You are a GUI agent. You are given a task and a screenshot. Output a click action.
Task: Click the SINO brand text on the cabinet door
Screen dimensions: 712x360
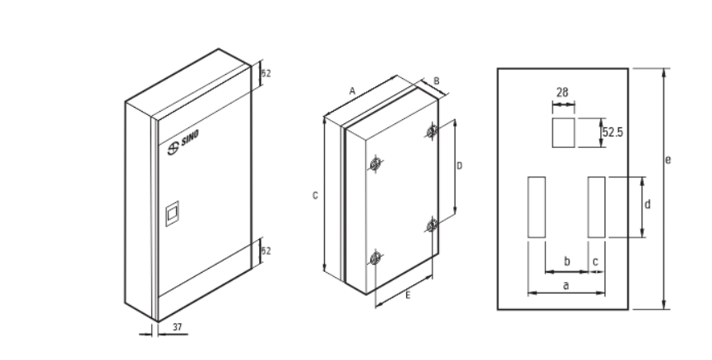click(x=190, y=138)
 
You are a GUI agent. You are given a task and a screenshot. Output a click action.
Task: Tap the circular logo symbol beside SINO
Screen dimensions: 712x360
click(x=173, y=149)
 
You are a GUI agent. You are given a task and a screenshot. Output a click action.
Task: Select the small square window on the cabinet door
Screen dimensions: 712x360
click(x=172, y=214)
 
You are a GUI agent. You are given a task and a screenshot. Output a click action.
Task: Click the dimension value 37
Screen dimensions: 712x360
click(x=178, y=327)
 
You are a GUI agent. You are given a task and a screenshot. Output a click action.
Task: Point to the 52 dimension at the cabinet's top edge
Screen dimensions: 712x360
click(x=266, y=73)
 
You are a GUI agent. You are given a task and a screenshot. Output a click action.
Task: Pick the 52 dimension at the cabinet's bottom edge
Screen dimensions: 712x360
click(x=266, y=251)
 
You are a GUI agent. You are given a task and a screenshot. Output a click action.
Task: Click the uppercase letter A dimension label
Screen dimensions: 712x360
click(x=352, y=91)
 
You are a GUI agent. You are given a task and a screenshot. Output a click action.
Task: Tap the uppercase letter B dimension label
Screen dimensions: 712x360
click(x=437, y=81)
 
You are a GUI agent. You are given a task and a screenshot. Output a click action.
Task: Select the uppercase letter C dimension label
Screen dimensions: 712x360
click(x=315, y=196)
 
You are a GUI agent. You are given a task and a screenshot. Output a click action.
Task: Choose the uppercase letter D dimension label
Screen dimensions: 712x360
click(x=460, y=166)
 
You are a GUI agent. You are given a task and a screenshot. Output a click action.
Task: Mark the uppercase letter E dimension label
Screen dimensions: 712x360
click(x=408, y=296)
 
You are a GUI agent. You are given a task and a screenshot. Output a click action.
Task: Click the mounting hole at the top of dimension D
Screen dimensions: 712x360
click(x=432, y=132)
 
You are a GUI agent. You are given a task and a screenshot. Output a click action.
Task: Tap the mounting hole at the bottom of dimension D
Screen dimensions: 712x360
click(x=432, y=224)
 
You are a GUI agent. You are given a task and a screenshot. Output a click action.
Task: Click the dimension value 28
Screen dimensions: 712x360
click(x=562, y=93)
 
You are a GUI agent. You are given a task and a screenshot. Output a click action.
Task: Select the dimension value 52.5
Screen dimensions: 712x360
click(x=613, y=132)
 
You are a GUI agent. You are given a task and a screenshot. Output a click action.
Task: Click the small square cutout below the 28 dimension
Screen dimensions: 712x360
click(x=563, y=132)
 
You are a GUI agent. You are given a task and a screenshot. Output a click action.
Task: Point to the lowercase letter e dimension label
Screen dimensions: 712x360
click(x=668, y=159)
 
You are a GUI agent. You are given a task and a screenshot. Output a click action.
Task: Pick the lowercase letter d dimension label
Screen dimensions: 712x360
click(x=648, y=205)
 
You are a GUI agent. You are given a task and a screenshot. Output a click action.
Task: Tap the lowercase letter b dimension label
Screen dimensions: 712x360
click(x=566, y=261)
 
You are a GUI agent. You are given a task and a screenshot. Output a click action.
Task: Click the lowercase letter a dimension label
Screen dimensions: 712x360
click(x=566, y=285)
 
